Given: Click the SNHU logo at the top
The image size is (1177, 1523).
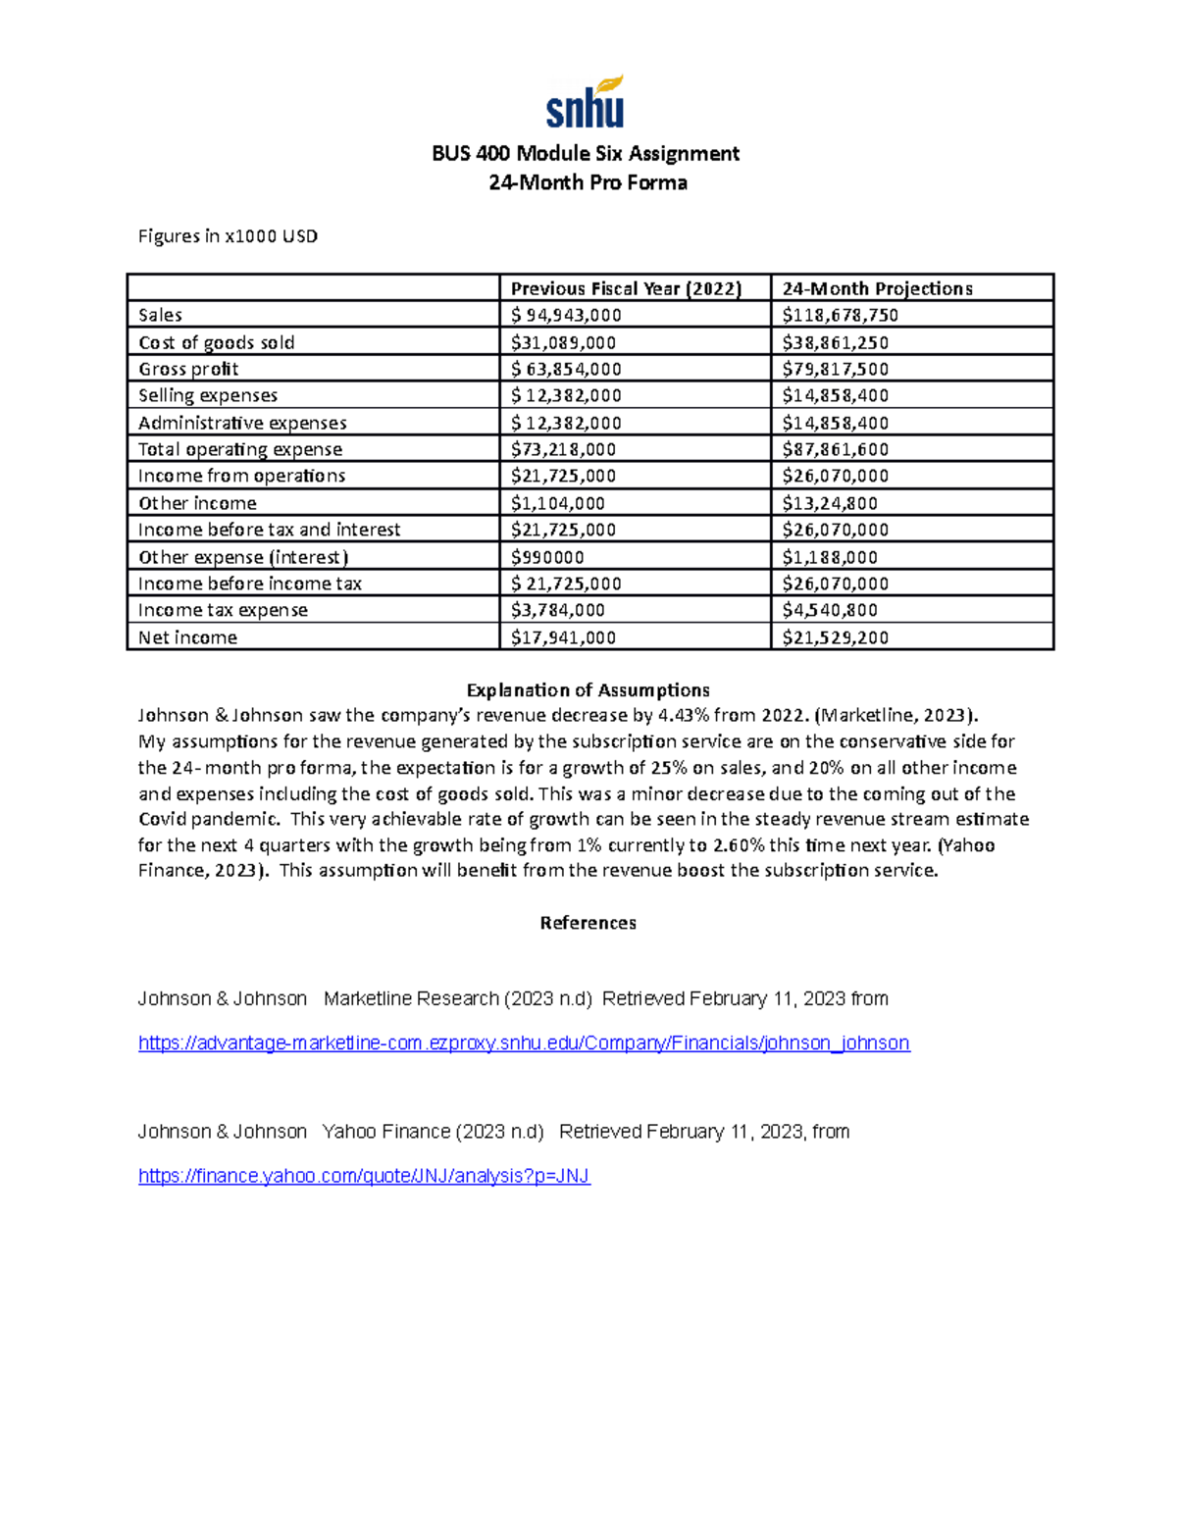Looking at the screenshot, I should point(586,103).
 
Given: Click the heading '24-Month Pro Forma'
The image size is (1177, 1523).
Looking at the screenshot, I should point(588,182).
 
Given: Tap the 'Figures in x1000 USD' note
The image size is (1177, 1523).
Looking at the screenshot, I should point(228,236).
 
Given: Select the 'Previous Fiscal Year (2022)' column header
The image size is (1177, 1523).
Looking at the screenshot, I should point(626,288).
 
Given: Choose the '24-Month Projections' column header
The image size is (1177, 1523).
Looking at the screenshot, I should point(877,288).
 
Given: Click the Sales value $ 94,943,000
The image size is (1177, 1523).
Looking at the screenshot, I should point(566,315).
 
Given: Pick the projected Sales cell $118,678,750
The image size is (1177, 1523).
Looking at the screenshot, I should point(840,315).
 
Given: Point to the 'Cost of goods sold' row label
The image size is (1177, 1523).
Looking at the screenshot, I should point(216,342).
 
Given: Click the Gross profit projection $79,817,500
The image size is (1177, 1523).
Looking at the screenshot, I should point(835,369).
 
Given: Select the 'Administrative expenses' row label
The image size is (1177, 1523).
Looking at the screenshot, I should point(242,423).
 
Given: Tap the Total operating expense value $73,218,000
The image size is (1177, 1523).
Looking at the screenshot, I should point(563,449).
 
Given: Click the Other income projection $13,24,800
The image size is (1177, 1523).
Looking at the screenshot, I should point(830,503).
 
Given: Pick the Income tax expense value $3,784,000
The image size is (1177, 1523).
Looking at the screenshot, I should point(558,610).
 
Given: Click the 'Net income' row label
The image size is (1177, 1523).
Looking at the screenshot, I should point(187,637).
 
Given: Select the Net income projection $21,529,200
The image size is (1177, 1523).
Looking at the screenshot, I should point(835,637).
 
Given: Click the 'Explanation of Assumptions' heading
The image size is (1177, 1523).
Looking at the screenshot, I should point(588,689).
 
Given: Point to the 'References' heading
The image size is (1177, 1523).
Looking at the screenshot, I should point(588,923).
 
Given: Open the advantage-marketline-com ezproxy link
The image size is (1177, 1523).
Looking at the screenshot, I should point(524,1043).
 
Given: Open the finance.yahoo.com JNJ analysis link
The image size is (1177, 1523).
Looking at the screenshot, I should point(364,1176).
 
